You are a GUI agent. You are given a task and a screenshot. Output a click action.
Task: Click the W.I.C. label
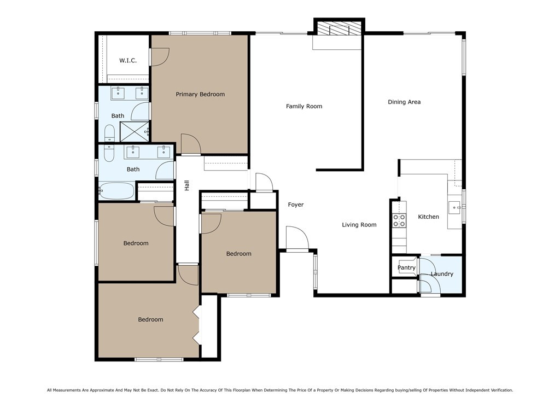128,61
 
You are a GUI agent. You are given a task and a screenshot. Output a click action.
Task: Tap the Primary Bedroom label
200,95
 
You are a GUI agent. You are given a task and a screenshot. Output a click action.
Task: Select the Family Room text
304,107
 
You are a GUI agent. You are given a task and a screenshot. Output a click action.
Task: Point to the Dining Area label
404,102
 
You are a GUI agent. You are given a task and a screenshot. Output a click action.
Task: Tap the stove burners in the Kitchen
399,220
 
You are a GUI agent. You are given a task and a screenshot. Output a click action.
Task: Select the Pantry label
406,268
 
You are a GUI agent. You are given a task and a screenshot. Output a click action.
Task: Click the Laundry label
442,274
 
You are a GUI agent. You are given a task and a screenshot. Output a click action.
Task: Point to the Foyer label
296,205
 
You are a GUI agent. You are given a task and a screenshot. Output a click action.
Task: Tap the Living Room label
359,225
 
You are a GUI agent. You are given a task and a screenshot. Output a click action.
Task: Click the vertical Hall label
187,185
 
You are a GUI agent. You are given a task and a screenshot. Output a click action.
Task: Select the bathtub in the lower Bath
116,191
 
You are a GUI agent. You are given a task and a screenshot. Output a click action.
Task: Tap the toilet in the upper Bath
109,133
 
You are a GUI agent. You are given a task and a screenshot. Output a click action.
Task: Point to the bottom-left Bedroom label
150,320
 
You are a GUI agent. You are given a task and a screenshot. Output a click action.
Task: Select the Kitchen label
428,217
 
